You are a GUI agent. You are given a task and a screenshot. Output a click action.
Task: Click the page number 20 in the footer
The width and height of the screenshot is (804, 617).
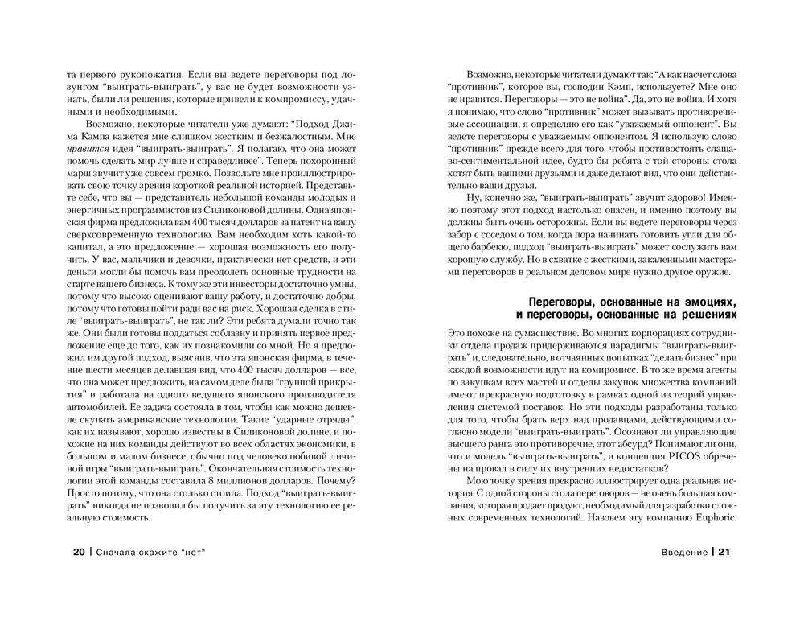77,552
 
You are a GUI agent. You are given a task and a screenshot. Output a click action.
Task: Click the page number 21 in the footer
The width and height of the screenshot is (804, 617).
725,552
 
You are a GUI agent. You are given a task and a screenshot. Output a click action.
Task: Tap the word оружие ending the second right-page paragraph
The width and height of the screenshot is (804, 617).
708,271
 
